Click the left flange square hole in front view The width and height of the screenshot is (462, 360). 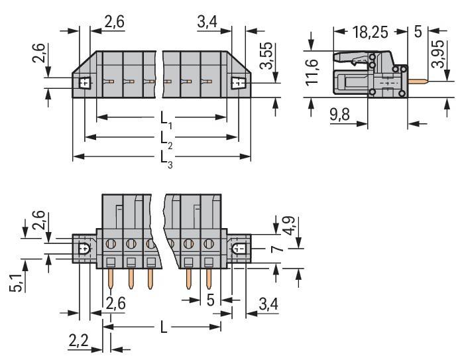click(x=85, y=83)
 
